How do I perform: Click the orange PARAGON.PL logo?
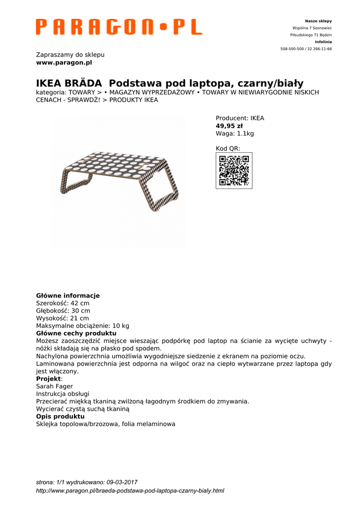119,27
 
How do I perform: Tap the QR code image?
234,171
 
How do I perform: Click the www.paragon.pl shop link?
64,63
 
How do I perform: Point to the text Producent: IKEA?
240,119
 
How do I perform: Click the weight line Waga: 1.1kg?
234,133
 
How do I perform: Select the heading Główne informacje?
68,296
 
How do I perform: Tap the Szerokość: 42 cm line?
63,303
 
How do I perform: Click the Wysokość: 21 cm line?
63,318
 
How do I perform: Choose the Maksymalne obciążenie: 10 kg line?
82,326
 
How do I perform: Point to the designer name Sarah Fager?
55,386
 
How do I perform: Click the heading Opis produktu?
60,417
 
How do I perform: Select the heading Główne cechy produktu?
76,333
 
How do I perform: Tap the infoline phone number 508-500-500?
292,49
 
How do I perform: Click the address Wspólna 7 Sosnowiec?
312,28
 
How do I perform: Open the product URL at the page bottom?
130,491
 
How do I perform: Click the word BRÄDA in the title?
83,83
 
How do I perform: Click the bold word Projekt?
48,379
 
